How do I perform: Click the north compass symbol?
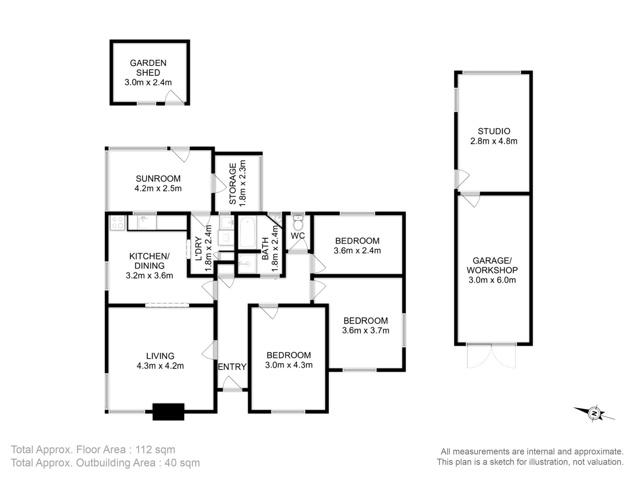pos(594,414)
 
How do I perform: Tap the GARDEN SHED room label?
pos(148,68)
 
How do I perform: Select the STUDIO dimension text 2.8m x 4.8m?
pos(494,141)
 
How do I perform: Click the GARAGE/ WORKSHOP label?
pos(492,265)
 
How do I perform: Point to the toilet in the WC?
pos(298,223)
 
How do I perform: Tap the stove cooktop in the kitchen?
pos(117,223)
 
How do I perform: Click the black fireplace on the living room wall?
pos(168,412)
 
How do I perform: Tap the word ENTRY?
pos(232,367)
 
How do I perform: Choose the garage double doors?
pos(491,356)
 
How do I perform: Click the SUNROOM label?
pos(158,179)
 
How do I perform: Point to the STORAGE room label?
pos(233,184)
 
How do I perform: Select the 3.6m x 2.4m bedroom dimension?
pos(357,251)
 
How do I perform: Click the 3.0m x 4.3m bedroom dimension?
pos(289,365)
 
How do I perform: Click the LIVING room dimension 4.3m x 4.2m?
pos(160,366)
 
